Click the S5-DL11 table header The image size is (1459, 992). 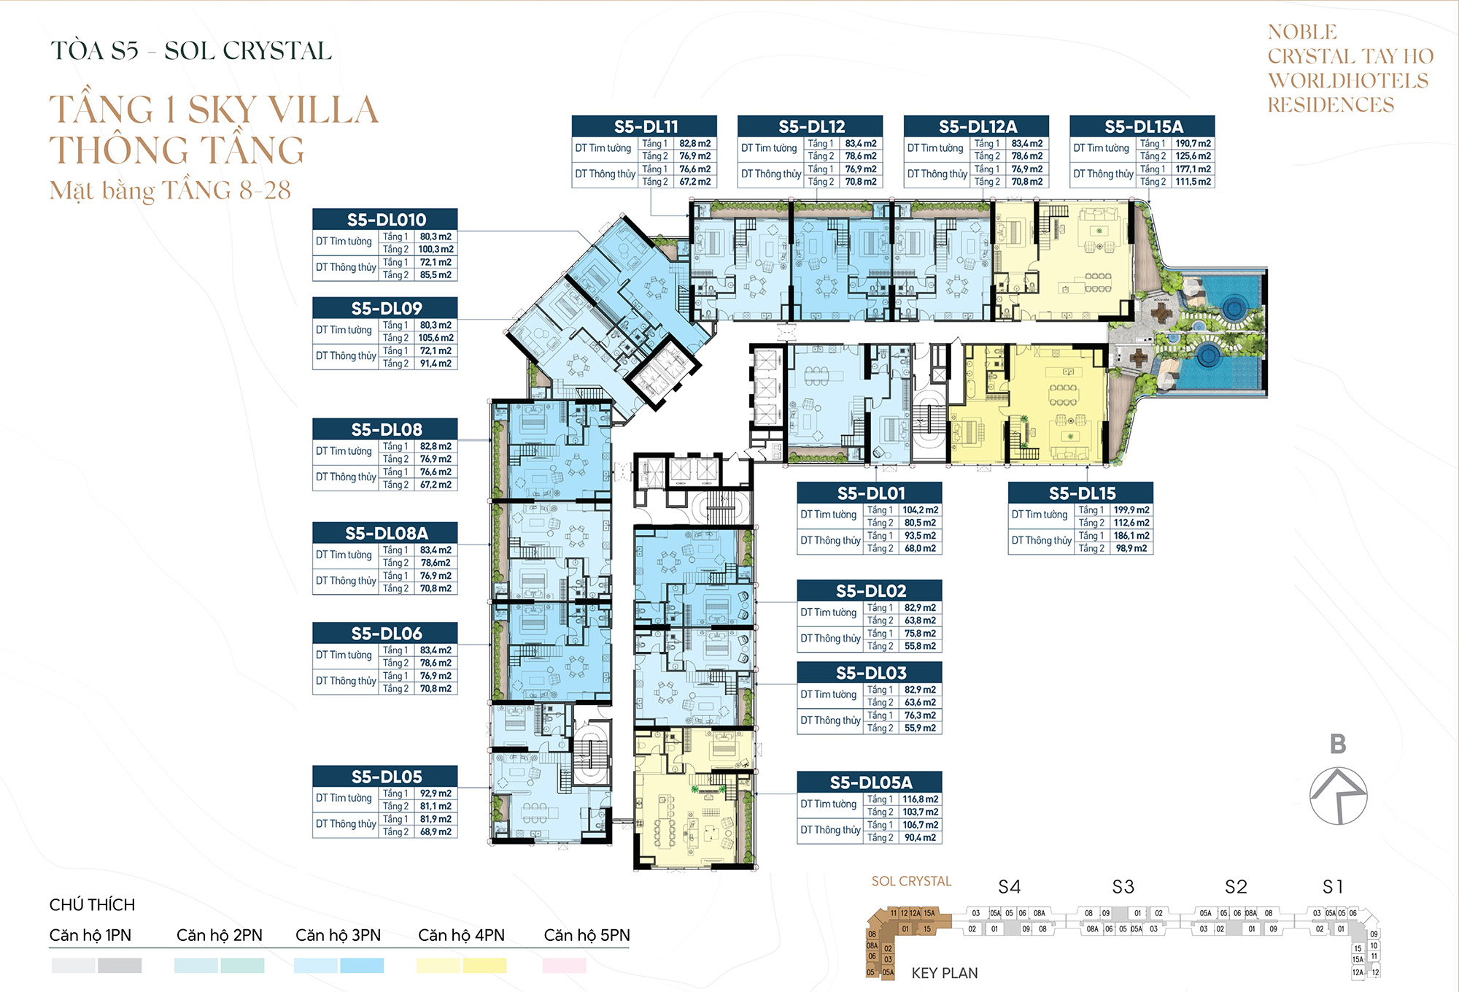645,126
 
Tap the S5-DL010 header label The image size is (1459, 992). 385,220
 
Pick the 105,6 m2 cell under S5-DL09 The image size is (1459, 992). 436,338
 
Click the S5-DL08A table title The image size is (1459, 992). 385,533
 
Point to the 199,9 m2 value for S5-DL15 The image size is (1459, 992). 1131,510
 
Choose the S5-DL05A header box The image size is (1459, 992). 870,783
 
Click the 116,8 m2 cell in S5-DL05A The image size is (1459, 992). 920,799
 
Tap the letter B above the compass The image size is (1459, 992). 1337,744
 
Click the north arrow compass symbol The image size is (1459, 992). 1338,796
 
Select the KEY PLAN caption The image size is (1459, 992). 944,973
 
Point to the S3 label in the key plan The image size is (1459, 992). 1123,887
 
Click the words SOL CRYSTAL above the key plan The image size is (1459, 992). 911,881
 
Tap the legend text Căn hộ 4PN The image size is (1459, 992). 461,935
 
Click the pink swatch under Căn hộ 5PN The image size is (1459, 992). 564,966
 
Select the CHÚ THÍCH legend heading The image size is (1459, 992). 92,905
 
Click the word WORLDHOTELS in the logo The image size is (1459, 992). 1347,80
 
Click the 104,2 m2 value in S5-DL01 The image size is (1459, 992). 920,510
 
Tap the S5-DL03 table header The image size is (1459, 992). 870,672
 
